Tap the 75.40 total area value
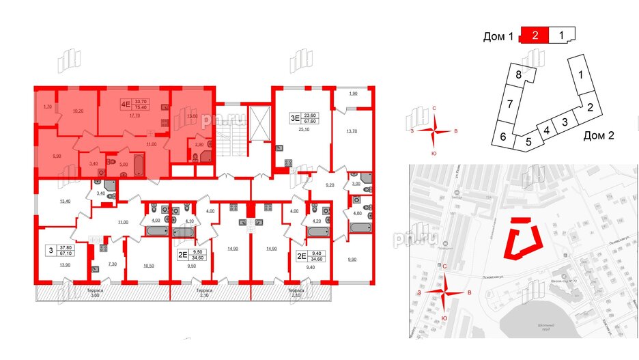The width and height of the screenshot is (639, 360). tap(142, 107)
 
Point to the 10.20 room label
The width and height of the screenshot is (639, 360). tap(77, 111)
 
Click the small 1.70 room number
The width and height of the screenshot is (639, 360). tap(47, 107)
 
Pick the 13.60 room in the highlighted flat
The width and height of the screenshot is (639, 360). tap(193, 116)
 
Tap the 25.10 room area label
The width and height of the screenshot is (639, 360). tap(304, 129)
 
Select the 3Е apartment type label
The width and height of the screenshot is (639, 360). tap(295, 117)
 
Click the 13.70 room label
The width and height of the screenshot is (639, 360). tap(352, 131)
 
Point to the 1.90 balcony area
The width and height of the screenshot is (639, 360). tap(353, 94)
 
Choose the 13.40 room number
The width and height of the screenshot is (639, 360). tap(65, 202)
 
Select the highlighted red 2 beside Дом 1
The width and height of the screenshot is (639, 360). tap(536, 36)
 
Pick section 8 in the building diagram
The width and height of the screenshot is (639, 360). tap(519, 74)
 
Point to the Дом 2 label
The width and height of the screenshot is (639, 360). tap(599, 135)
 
